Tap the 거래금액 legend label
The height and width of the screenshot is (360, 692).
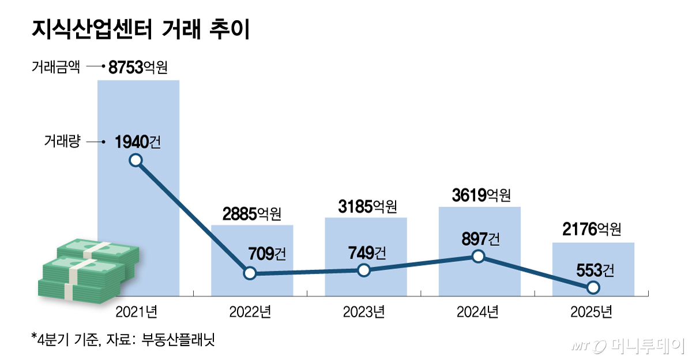55,67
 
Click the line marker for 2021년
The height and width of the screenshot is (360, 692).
136,160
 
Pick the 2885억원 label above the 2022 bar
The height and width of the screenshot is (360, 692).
251,214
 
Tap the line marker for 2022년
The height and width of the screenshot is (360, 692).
249,273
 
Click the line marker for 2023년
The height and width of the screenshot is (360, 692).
363,270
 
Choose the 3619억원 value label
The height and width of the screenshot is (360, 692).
482,196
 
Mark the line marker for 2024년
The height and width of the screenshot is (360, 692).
477,256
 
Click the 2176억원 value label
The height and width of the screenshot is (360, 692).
592,230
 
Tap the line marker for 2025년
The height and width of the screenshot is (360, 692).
593,287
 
